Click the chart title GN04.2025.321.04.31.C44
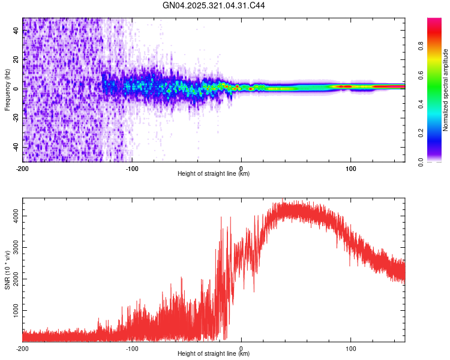(x=214, y=6)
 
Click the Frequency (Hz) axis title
(x=7, y=90)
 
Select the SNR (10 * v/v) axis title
(x=7, y=269)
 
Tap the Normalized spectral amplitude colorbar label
(x=445, y=90)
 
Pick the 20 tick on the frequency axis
(x=16, y=59)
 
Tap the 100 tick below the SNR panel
(x=350, y=348)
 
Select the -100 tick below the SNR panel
(x=132, y=348)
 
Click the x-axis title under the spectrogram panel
(x=214, y=174)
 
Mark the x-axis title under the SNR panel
(x=214, y=353)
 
